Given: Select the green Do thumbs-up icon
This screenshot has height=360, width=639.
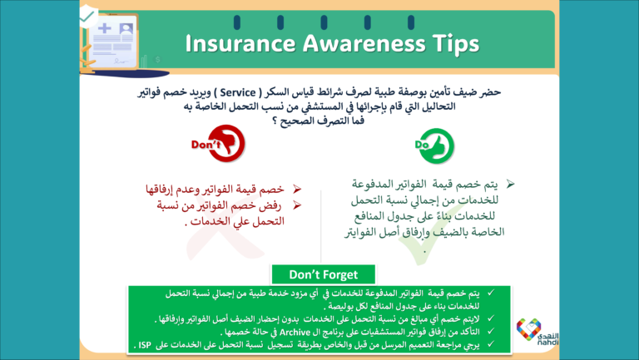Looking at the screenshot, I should pos(432,145).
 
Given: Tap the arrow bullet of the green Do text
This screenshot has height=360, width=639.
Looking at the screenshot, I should pos(511,182).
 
